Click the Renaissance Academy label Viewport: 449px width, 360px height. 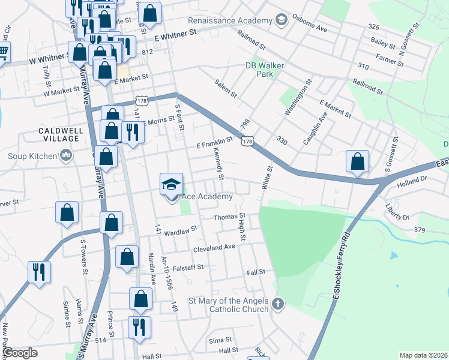231,20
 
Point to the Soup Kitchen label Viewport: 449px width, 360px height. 28,157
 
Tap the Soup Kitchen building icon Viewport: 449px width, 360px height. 65,157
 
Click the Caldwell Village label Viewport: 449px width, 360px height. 59,134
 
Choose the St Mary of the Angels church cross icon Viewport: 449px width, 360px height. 277,304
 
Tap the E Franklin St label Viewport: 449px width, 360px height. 214,143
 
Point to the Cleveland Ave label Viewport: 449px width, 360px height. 214,247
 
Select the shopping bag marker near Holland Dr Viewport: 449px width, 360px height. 357,162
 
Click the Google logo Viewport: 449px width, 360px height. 19,353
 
